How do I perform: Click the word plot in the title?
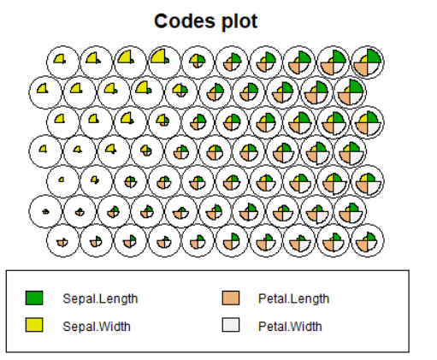tap(239, 21)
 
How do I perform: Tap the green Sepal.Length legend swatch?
tap(34, 298)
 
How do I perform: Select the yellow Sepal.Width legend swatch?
tap(34, 325)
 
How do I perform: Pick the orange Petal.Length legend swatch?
tap(231, 298)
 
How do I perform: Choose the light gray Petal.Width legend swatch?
tap(231, 325)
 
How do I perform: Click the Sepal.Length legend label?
tap(100, 298)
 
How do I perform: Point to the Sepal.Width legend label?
tap(97, 326)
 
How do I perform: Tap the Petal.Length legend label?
tap(293, 298)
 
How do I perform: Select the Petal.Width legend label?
tap(290, 326)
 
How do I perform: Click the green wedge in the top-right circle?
tap(374, 56)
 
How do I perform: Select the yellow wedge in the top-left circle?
tap(60, 59)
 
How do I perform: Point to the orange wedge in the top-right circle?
tap(362, 68)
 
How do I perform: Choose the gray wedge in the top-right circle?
tap(373, 68)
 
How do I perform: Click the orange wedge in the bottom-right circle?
tap(363, 245)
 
